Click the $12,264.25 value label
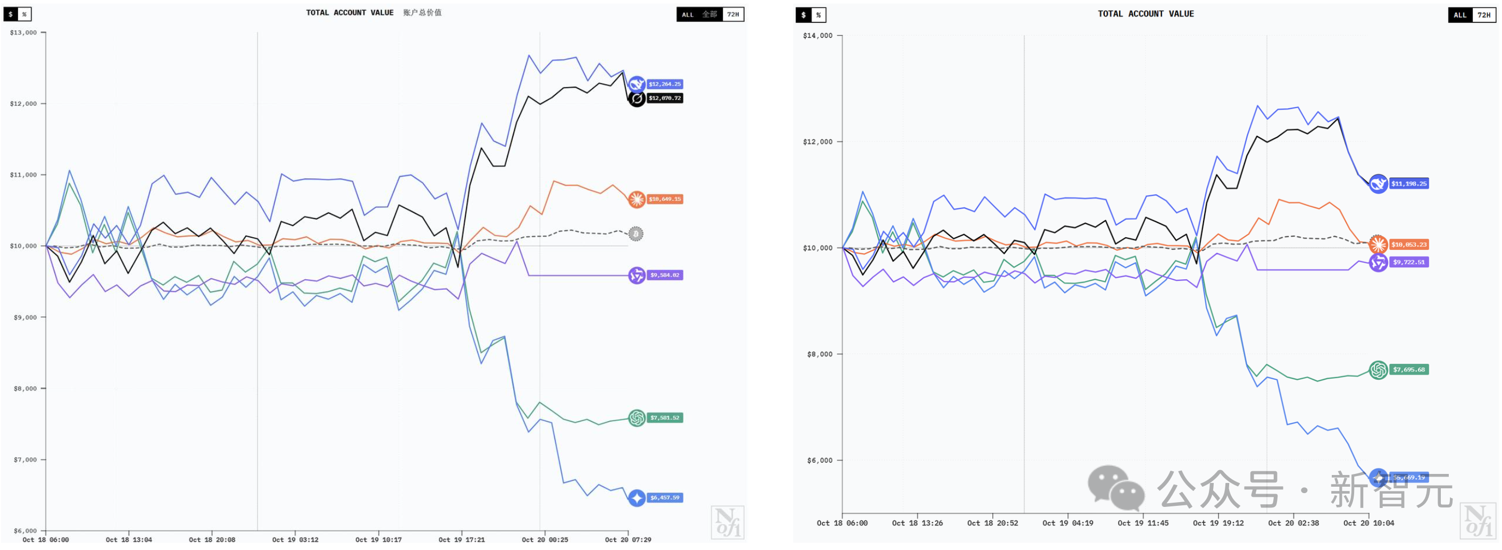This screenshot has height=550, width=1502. (664, 84)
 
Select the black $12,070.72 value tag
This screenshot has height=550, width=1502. (664, 98)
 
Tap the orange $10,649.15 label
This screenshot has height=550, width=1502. (664, 199)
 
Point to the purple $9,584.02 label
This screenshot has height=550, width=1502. (664, 274)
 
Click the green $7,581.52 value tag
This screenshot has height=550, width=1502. (664, 418)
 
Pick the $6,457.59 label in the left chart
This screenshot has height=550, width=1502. (664, 497)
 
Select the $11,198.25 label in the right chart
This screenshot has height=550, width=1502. (1408, 184)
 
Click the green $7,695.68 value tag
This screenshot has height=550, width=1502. (1408, 369)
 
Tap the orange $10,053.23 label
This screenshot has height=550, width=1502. (1408, 244)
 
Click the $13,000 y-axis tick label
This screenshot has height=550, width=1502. (23, 32)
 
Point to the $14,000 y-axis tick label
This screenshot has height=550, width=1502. (817, 36)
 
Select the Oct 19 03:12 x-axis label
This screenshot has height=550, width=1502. (295, 539)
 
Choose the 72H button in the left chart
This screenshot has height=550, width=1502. (733, 14)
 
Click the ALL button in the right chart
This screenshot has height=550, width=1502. (1459, 15)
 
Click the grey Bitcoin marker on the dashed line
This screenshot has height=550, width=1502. (636, 234)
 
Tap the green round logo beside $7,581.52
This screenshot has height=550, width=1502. (637, 418)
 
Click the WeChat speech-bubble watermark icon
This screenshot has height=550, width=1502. (1115, 488)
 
